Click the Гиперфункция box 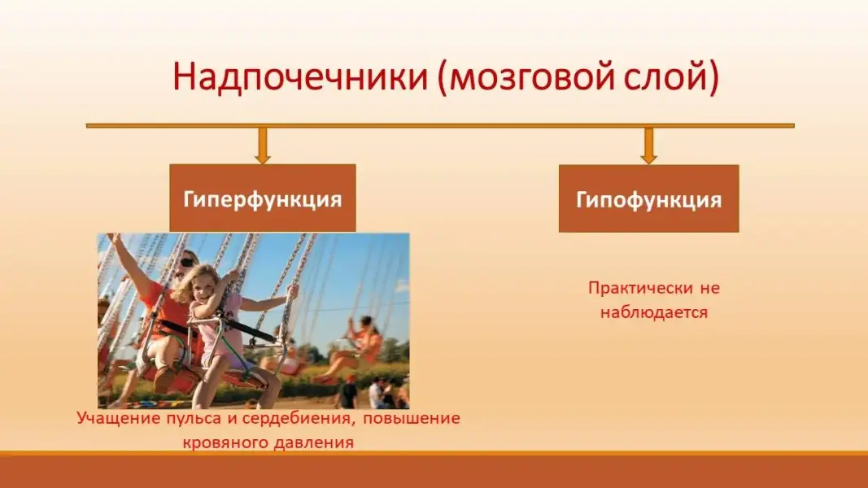[x=263, y=198]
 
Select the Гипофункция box [x=649, y=198]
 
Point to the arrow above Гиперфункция [x=263, y=146]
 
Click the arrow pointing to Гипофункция [x=649, y=146]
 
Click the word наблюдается [x=654, y=312]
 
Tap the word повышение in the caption [x=412, y=418]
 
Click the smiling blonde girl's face [x=204, y=288]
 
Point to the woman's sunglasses [x=188, y=261]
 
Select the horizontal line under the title [x=440, y=125]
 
